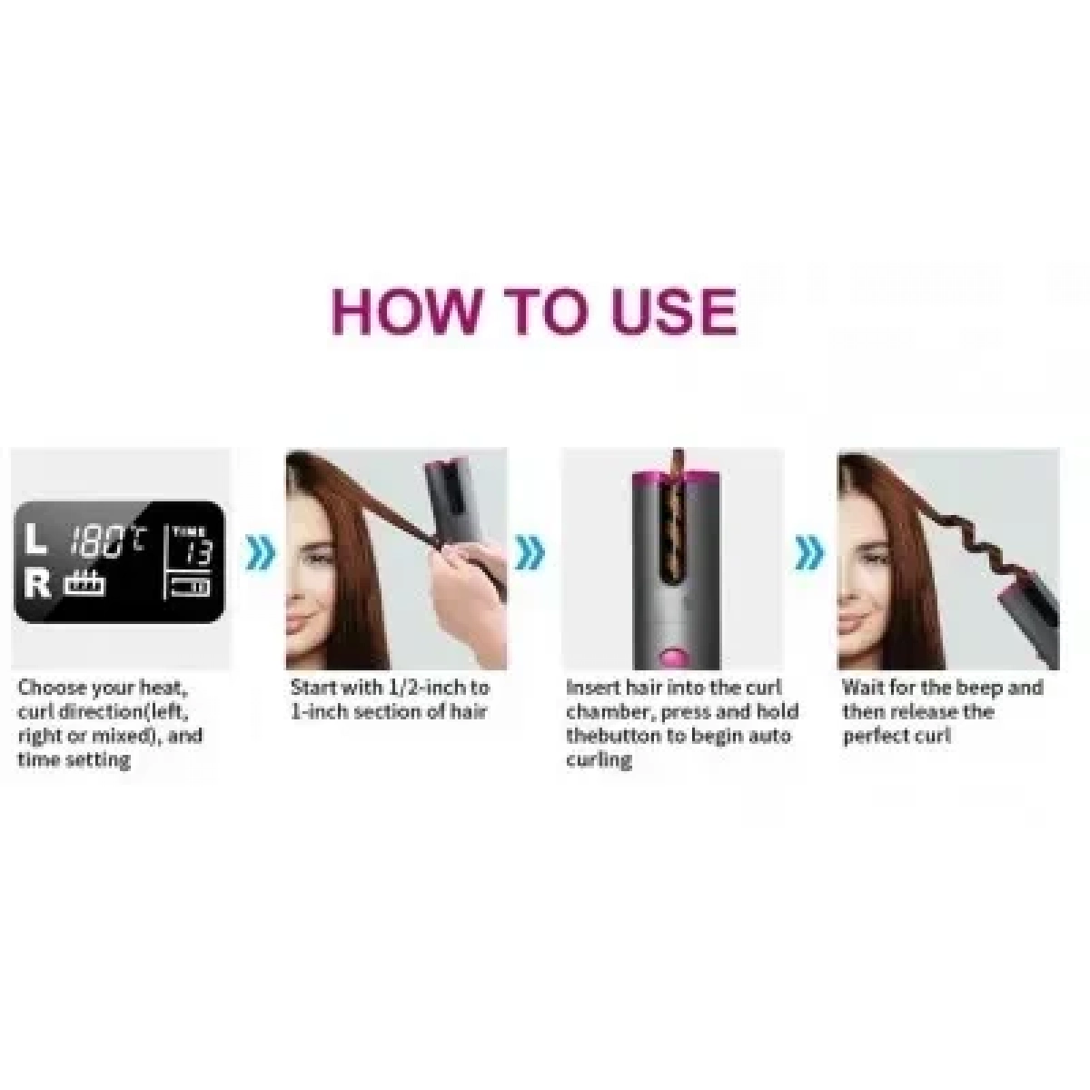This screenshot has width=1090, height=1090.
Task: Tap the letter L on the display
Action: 37,539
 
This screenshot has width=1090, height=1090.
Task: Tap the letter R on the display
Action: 37,582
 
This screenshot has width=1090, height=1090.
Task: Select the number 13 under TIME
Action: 200,552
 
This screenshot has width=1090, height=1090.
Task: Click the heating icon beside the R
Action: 84,582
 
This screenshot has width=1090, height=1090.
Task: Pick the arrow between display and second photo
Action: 262,552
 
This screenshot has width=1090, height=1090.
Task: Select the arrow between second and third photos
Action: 530,552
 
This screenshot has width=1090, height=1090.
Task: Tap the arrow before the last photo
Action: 809,552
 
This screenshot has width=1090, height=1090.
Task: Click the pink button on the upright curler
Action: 675,657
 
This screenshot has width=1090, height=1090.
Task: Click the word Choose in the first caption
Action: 52,689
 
